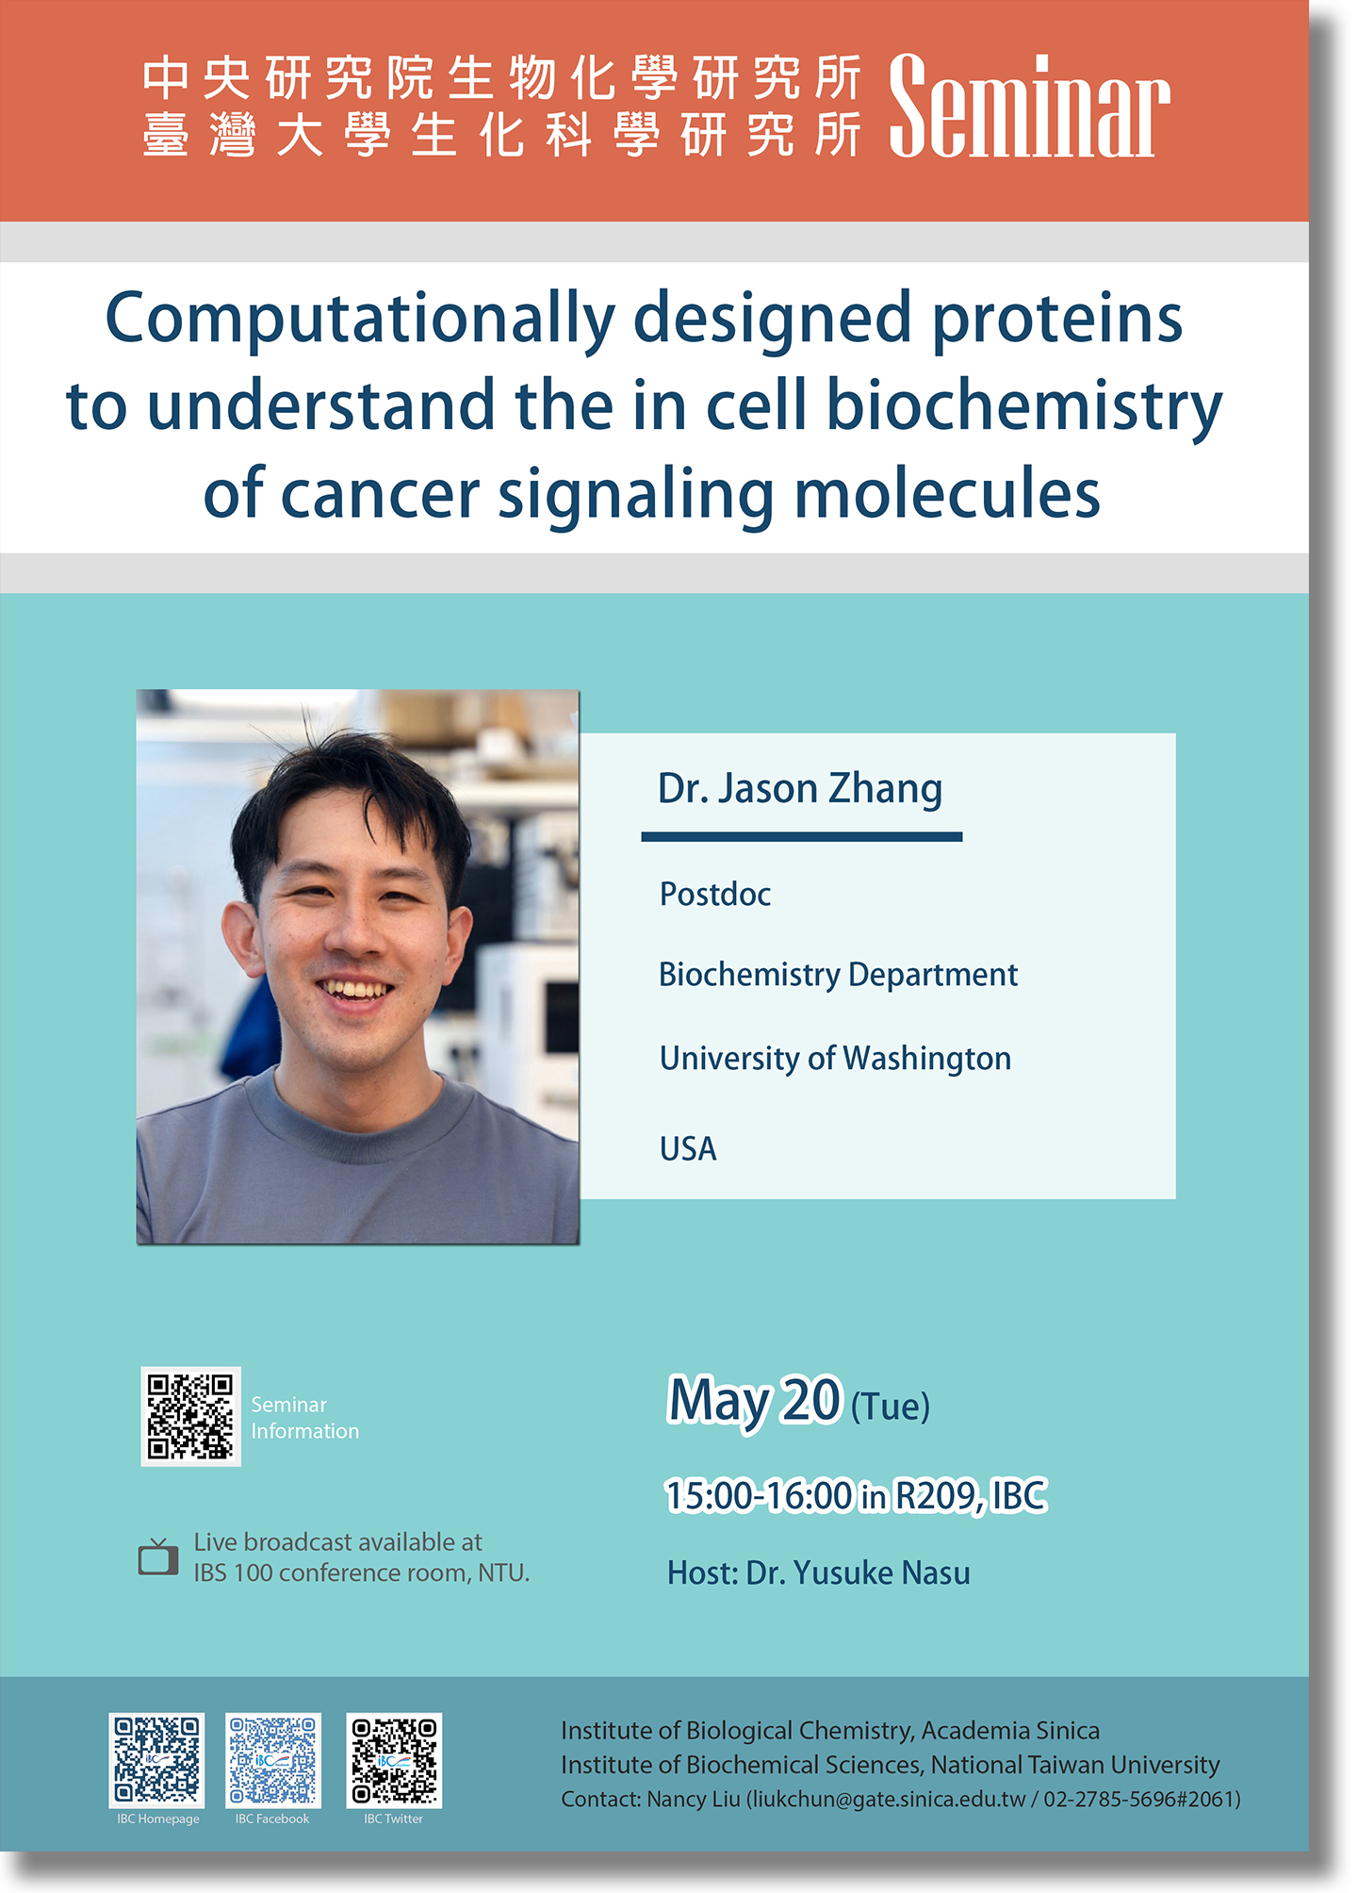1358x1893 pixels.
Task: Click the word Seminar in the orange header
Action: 1029,106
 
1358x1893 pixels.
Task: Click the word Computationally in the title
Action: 360,321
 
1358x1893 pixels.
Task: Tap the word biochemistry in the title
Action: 1024,406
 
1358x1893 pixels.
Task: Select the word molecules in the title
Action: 947,493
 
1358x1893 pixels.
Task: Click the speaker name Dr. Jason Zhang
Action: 800,789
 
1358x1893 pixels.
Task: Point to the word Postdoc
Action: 715,894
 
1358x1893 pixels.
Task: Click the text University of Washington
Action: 835,1059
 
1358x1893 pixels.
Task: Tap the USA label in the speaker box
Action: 688,1149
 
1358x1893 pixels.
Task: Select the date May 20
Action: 754,1400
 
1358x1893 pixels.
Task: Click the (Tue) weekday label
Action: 890,1407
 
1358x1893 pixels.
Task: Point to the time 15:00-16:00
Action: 759,1496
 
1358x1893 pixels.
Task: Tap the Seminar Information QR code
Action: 190,1416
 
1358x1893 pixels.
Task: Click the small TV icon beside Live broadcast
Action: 158,1557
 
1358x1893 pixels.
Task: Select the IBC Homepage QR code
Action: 156,1760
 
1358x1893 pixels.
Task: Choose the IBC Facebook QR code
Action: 273,1760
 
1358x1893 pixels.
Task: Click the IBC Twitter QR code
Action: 394,1760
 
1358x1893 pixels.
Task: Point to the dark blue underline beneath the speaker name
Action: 802,836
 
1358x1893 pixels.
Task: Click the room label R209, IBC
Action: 971,1496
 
